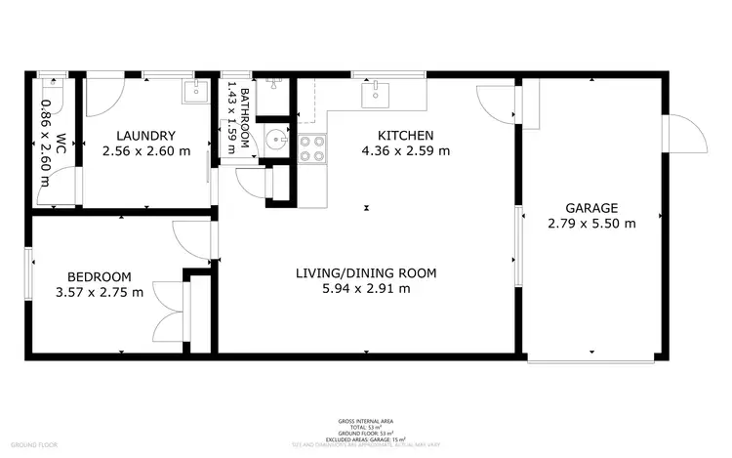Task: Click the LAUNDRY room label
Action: pyautogui.click(x=145, y=136)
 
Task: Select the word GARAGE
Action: pyautogui.click(x=591, y=208)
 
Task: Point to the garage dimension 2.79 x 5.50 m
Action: pyautogui.click(x=591, y=223)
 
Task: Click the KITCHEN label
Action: pyautogui.click(x=406, y=136)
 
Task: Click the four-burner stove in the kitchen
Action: pyautogui.click(x=311, y=147)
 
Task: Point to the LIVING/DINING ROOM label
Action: pyautogui.click(x=365, y=272)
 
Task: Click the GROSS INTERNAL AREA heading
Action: pyautogui.click(x=366, y=420)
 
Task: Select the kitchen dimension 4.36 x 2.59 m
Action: pyautogui.click(x=406, y=151)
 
